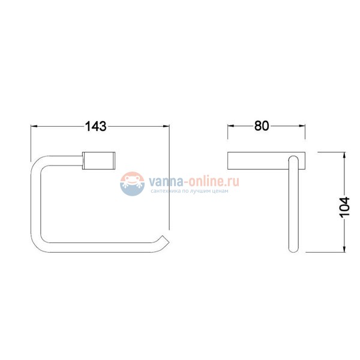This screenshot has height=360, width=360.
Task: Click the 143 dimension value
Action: coord(96,126)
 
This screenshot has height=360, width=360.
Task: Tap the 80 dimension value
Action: coord(262,126)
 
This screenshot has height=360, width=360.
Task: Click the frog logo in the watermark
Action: coord(132,184)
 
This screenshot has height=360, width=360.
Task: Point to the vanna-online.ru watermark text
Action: coord(194,181)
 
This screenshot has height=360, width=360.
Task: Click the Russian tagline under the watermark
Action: coord(190,191)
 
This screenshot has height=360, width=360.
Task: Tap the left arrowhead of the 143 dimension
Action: coord(34,126)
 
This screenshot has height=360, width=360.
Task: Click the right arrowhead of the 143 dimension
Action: coord(166,126)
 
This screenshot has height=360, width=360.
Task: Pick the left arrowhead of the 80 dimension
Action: coord(231,126)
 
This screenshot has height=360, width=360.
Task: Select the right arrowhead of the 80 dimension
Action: coord(302,126)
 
